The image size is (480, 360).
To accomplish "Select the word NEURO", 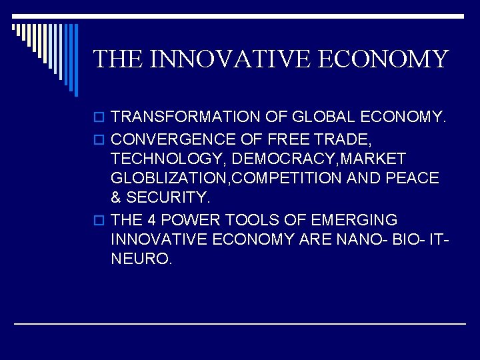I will click(x=141, y=259).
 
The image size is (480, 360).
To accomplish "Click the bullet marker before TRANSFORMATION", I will click(x=100, y=118).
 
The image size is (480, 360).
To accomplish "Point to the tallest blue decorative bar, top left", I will click(x=75, y=60).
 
